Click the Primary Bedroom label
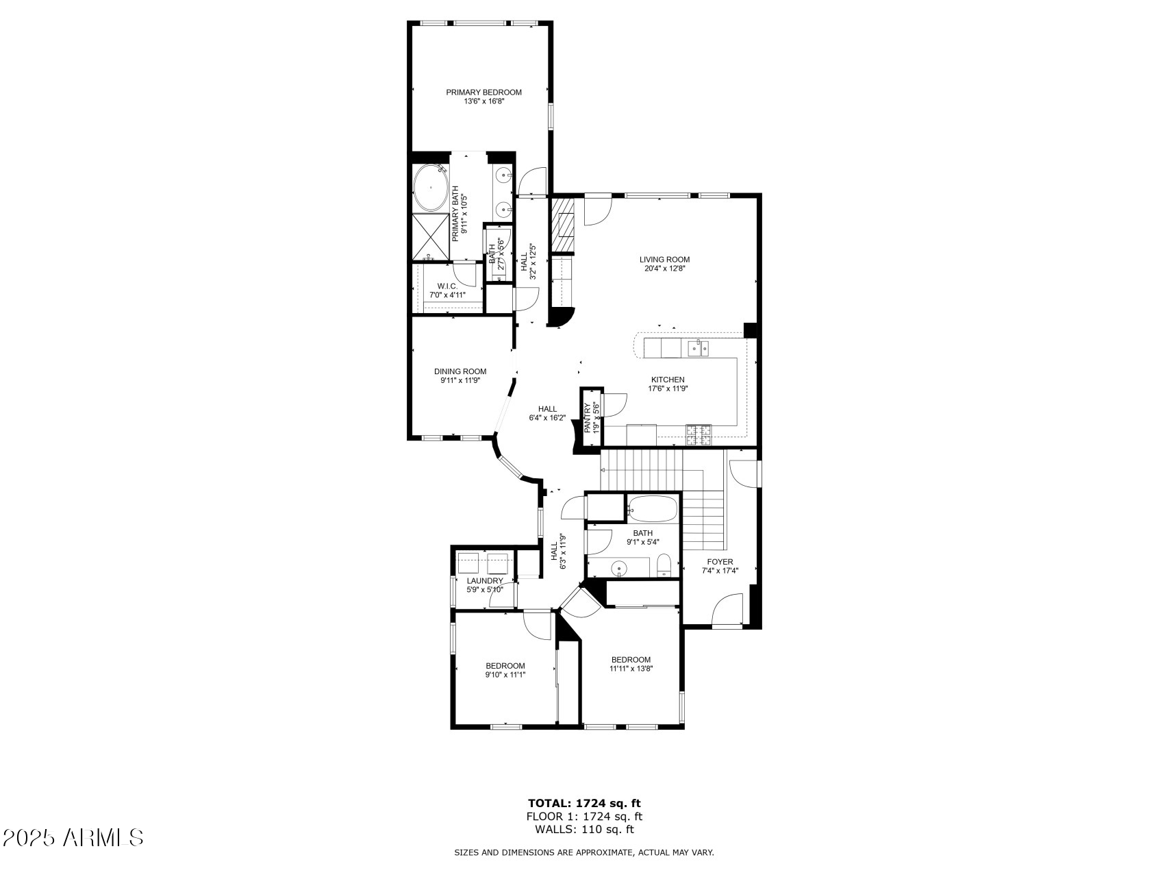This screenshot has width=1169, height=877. pyautogui.click(x=483, y=92)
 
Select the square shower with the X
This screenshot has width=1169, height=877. pyautogui.click(x=430, y=237)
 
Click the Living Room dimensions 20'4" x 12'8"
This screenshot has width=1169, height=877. pyautogui.click(x=664, y=269)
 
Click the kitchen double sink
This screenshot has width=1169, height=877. pyautogui.click(x=699, y=349)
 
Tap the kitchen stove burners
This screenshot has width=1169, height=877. pyautogui.click(x=699, y=432)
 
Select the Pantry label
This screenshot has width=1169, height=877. pyautogui.click(x=587, y=418)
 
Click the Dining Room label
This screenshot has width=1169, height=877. pyautogui.click(x=460, y=371)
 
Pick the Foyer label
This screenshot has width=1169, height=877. pyautogui.click(x=720, y=562)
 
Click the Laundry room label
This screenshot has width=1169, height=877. pyautogui.click(x=485, y=581)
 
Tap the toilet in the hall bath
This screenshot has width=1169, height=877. pyautogui.click(x=664, y=566)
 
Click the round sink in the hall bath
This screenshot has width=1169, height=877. pyautogui.click(x=620, y=568)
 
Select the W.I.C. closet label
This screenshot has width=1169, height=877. pyautogui.click(x=447, y=286)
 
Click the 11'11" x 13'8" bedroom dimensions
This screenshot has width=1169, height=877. pyautogui.click(x=631, y=669)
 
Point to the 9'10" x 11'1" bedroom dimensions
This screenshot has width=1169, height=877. pyautogui.click(x=505, y=674)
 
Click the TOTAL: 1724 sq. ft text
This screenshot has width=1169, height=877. pyautogui.click(x=584, y=803)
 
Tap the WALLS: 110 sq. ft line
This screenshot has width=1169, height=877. pyautogui.click(x=584, y=829)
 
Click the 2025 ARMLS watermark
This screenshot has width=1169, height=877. pyautogui.click(x=73, y=837)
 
